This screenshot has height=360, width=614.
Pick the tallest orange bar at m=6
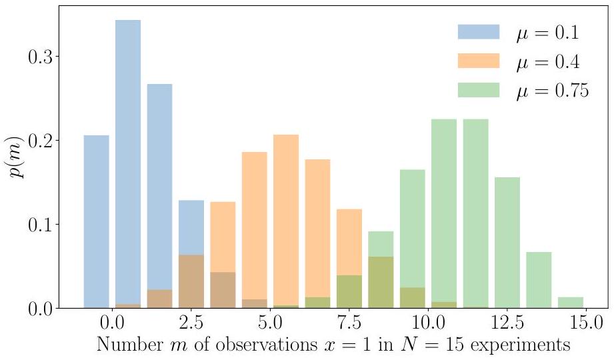(x=285, y=220)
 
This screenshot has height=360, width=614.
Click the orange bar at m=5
(x=254, y=227)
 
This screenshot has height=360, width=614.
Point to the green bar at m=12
(x=475, y=213)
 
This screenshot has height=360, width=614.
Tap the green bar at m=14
(x=539, y=280)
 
